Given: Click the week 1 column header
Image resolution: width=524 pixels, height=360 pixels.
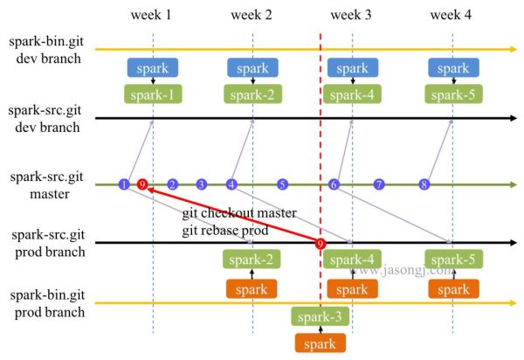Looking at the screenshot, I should pyautogui.click(x=151, y=15).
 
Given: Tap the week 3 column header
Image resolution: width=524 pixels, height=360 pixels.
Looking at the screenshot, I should pyautogui.click(x=351, y=15).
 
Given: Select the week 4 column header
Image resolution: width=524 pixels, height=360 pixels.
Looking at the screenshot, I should pyautogui.click(x=451, y=15).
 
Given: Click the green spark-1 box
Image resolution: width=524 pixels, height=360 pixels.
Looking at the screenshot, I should pyautogui.click(x=153, y=93).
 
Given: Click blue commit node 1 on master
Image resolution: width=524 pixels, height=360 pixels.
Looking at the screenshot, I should pyautogui.click(x=125, y=184).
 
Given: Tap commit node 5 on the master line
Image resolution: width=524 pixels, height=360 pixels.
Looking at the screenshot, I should pyautogui.click(x=282, y=184).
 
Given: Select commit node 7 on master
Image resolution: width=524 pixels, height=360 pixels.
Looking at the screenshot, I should pyautogui.click(x=379, y=184).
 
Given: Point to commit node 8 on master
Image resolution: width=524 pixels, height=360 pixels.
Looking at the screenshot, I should pyautogui.click(x=424, y=184).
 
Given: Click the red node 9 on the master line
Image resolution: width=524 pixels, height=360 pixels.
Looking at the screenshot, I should pyautogui.click(x=142, y=184).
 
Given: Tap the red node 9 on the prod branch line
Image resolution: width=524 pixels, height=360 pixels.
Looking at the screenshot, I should pyautogui.click(x=321, y=243).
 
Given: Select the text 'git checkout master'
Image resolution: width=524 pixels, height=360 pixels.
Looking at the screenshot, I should pyautogui.click(x=238, y=213).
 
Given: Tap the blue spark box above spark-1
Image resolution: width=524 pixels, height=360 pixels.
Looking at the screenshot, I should pyautogui.click(x=153, y=68).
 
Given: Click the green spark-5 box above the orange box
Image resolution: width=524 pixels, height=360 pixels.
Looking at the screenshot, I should pyautogui.click(x=452, y=260).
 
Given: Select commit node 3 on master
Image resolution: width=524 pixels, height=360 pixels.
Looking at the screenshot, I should pyautogui.click(x=202, y=184).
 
